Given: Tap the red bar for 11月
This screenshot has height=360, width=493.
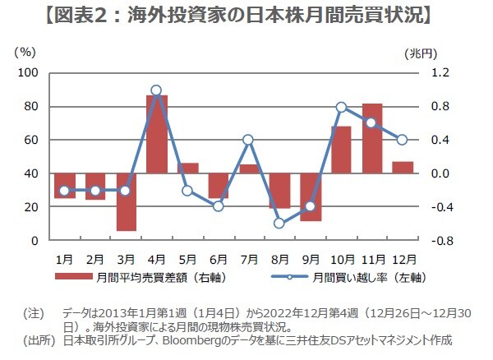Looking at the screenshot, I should coord(372,138).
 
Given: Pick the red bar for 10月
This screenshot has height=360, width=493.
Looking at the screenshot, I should coord(341,150).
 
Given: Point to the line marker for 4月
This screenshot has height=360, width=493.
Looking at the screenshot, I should coord(157,90).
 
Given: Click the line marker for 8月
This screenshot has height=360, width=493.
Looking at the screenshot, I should coord(279,223).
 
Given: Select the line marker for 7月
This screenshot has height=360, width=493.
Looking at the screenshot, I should coord(249,140).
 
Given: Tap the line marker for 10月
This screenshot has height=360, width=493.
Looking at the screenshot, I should coord(341,107).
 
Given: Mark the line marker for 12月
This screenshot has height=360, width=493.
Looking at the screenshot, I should coord(403,140).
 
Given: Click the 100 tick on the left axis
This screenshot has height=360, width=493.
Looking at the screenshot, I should coord(29,73).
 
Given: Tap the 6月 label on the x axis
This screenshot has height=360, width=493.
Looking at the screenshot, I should coord(218,257).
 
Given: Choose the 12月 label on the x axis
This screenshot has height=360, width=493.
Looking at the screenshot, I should coord(403,257).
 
